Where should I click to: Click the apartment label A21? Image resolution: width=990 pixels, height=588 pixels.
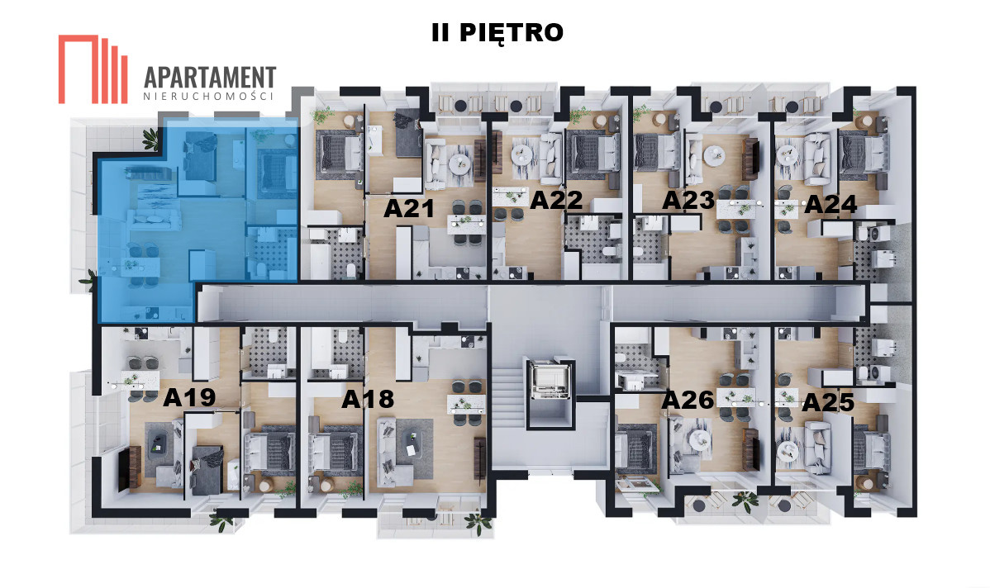click(409, 208)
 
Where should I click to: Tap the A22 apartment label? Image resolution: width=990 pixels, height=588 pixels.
click(556, 200)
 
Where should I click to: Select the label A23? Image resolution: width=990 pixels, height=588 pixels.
click(688, 200)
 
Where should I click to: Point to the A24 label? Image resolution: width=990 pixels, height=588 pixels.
click(831, 204)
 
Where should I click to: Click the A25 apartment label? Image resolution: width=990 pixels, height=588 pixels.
click(828, 402)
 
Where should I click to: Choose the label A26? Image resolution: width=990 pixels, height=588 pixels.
click(688, 400)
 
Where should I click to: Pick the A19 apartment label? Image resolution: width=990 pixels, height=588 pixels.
click(189, 397)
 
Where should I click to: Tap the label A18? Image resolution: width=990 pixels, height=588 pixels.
click(368, 399)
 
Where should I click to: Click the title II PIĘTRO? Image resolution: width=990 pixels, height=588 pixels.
click(497, 33)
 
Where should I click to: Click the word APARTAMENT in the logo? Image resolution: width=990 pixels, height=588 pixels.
click(210, 78)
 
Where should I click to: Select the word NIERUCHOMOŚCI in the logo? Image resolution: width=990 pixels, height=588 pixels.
click(208, 97)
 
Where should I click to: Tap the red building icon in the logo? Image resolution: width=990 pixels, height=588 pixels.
click(93, 69)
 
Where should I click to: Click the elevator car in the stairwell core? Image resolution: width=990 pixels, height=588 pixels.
click(550, 380)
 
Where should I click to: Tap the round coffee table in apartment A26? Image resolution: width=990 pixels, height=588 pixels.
click(699, 439)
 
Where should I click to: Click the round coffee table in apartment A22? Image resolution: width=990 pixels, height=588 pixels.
click(522, 154)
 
